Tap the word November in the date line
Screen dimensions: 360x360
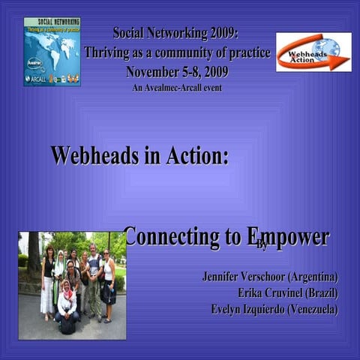[155, 72]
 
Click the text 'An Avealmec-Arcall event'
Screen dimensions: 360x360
[176, 88]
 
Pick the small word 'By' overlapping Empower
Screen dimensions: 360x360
[262, 245]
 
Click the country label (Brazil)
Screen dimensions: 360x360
[322, 292]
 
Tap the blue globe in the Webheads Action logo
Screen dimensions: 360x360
[327, 46]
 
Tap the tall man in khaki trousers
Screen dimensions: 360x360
[93, 277]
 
